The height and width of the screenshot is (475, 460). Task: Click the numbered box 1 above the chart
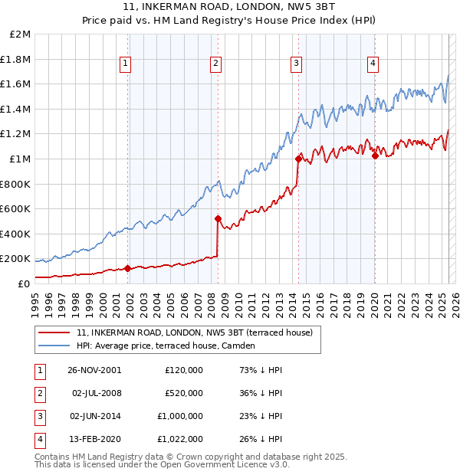pyautogui.click(x=125, y=64)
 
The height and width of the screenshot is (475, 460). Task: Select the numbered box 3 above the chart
pyautogui.click(x=296, y=64)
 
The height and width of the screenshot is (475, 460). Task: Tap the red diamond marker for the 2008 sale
pyautogui.click(x=218, y=218)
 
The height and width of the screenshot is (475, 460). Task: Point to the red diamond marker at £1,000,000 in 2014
pyautogui.click(x=297, y=159)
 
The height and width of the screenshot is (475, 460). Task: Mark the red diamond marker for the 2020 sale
pyautogui.click(x=375, y=156)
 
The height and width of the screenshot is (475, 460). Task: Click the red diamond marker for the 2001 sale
pyautogui.click(x=127, y=268)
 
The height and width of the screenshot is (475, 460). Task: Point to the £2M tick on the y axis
pyautogui.click(x=21, y=34)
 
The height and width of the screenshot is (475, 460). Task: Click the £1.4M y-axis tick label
pyautogui.click(x=16, y=109)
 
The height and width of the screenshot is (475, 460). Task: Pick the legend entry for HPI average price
pyautogui.click(x=165, y=346)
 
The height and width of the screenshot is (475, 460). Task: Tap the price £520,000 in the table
pyautogui.click(x=184, y=393)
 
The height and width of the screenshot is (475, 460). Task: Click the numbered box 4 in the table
pyautogui.click(x=38, y=439)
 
